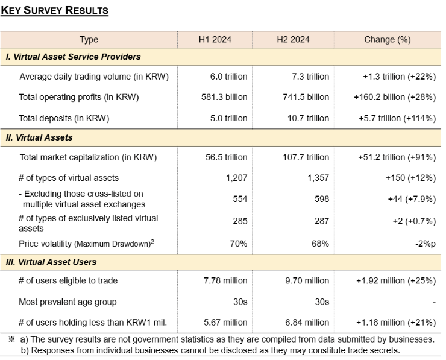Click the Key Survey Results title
coord(54,10)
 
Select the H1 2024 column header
coord(215,40)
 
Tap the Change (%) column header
coord(388,40)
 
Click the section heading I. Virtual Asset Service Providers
coord(73,57)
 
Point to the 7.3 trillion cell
coord(310,77)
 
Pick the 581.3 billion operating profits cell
coord(224,97)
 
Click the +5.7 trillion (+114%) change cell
coord(397,118)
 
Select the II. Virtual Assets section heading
coord(39,137)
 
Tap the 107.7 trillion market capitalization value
coord(306,157)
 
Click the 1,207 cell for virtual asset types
coord(236,178)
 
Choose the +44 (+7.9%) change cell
coord(412,199)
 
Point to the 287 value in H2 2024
coord(322,221)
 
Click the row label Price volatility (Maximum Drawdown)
coord(86,244)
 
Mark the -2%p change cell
coord(426,244)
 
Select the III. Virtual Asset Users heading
coord(51,262)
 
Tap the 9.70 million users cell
coord(307,281)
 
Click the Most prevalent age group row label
coord(68,302)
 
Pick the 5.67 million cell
coord(225,323)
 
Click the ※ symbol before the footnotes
coord(11,339)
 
